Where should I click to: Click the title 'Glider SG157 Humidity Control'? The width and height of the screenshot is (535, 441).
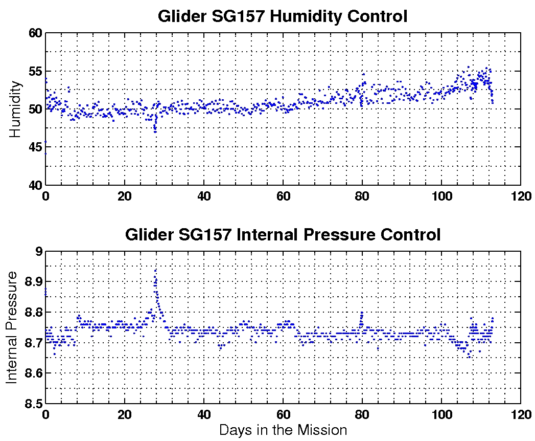click(x=283, y=16)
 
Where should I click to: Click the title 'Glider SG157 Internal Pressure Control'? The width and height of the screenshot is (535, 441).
click(x=283, y=235)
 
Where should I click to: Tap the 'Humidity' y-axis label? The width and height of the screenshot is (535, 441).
click(x=15, y=108)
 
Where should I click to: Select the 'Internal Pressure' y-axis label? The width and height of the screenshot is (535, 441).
click(x=12, y=327)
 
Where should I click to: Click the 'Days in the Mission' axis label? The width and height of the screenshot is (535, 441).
click(x=283, y=430)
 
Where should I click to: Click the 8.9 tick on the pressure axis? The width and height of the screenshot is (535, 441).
click(x=32, y=282)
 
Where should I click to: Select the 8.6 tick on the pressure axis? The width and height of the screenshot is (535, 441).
click(x=32, y=373)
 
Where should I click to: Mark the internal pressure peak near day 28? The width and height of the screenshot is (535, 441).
click(x=155, y=270)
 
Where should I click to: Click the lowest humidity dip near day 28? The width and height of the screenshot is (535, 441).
click(x=155, y=131)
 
